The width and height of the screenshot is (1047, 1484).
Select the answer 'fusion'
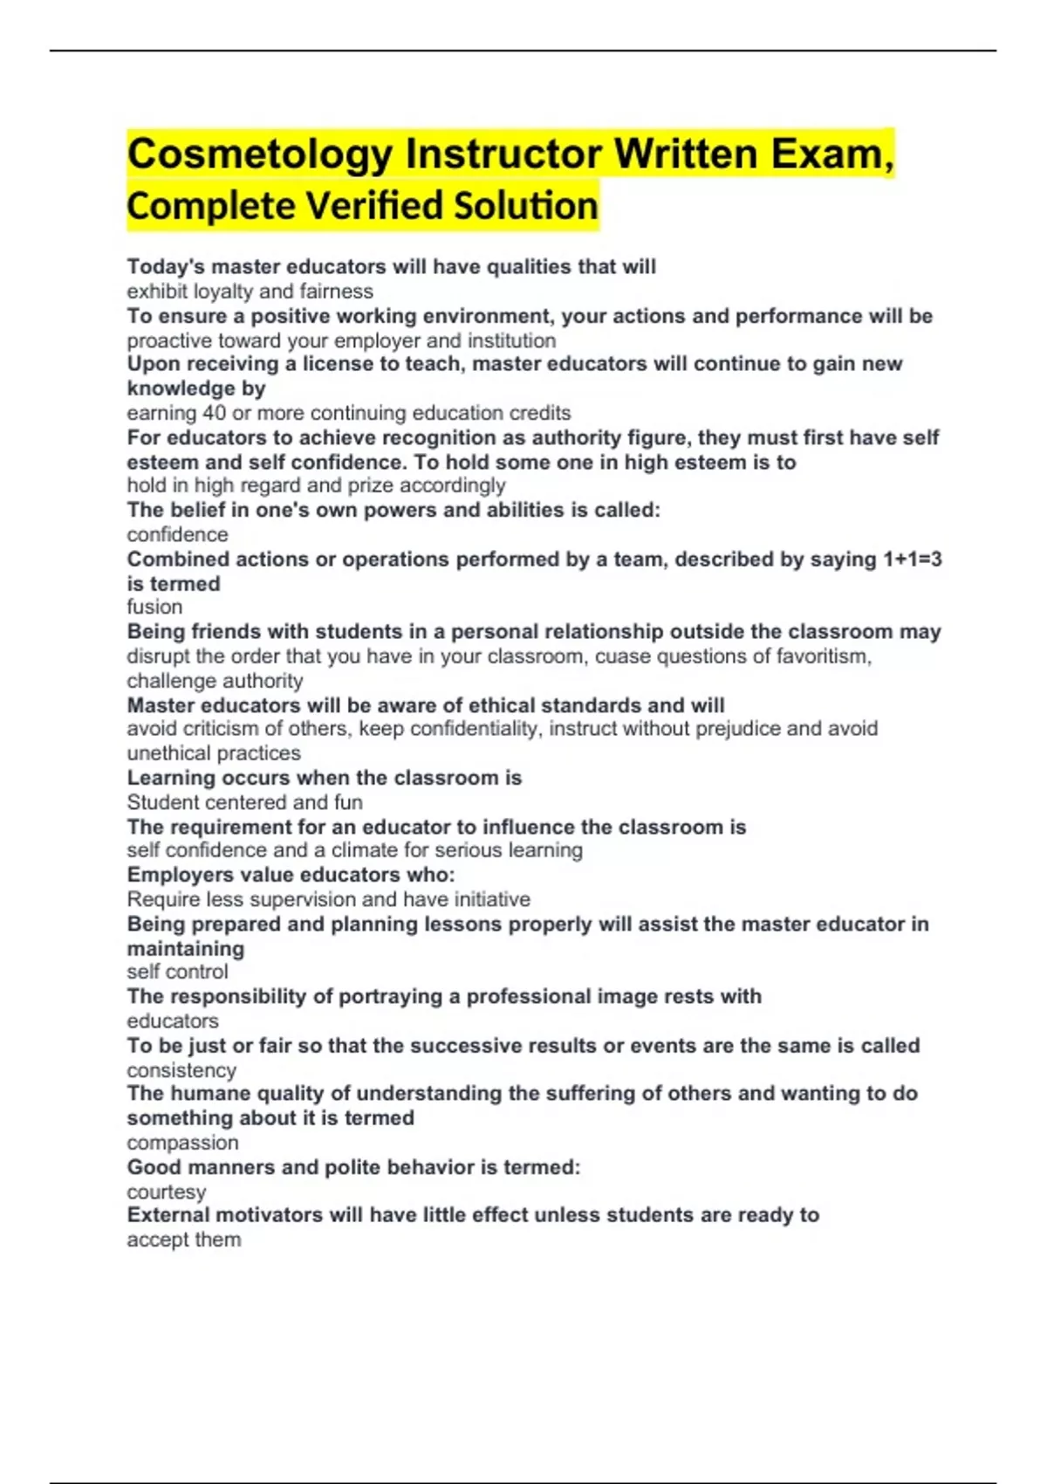154,607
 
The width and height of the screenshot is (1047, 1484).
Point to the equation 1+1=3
910,560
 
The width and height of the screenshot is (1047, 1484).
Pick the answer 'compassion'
182,1143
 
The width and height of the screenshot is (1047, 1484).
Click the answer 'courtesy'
166,1192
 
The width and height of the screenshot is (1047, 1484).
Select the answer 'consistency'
181,1070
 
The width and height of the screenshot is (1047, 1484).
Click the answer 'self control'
177,972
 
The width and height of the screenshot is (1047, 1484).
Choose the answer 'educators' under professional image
173,1020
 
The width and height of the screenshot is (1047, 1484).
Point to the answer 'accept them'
183,1240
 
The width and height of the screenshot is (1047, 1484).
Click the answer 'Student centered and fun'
244,802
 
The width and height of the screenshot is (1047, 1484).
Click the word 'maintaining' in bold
185,948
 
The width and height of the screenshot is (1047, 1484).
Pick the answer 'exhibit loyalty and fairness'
250,292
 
